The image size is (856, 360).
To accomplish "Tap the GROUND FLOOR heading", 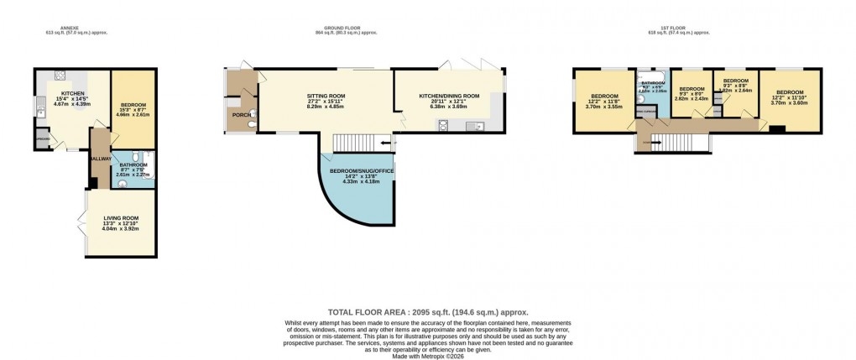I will pyautogui.click(x=346, y=28).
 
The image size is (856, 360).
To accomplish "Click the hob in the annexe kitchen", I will pyautogui.click(x=58, y=75).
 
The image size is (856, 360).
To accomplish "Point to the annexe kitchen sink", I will pyautogui.click(x=41, y=108).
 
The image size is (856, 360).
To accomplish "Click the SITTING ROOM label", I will pyautogui.click(x=325, y=97).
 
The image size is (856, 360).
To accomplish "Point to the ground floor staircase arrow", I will pyautogui.click(x=384, y=143).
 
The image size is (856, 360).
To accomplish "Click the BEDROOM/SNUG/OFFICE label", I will pyautogui.click(x=362, y=170).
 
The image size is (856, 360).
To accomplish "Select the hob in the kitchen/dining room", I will pyautogui.click(x=441, y=126).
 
